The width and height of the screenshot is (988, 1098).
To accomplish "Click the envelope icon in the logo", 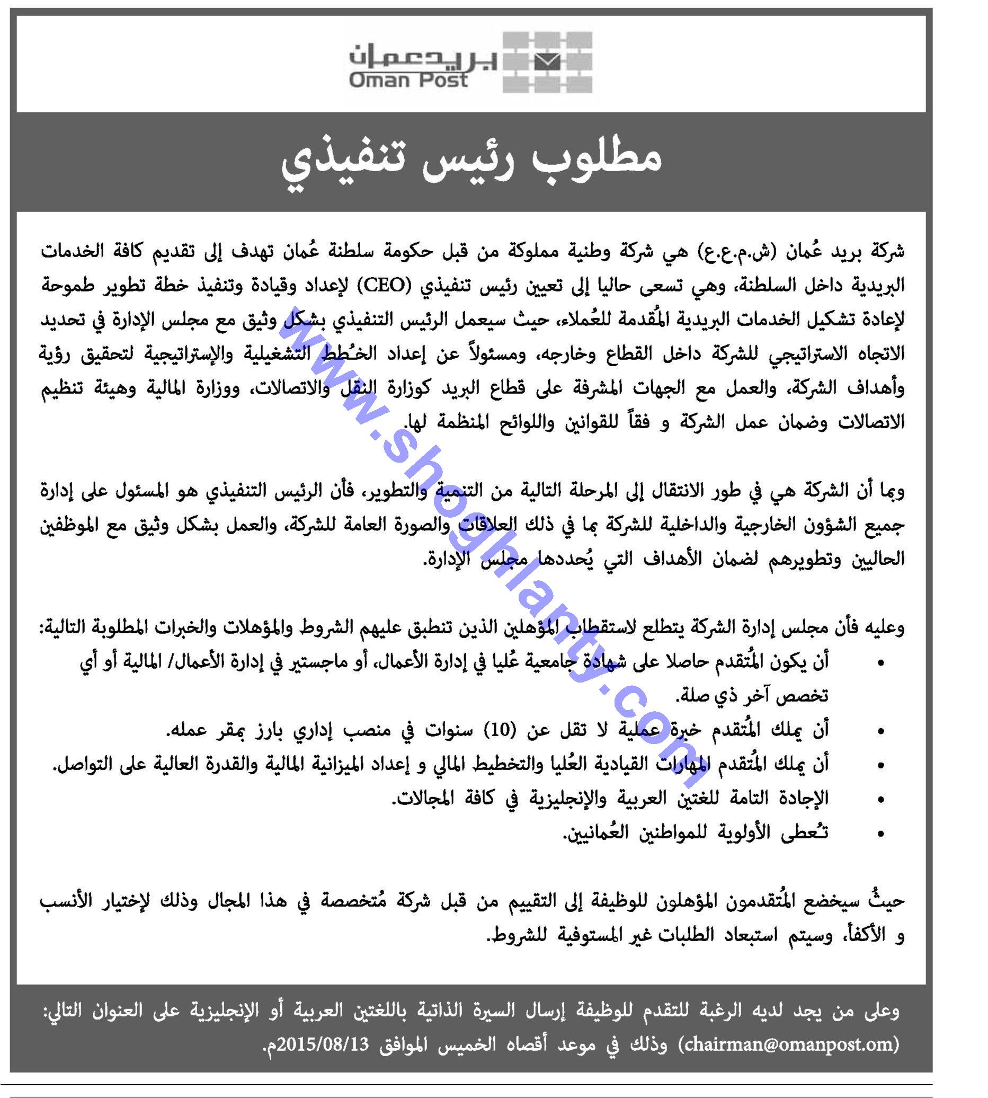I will point(547,62).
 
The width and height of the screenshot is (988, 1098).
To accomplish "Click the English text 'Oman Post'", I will point(408,81).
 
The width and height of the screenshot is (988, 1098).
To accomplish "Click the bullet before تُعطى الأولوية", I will point(880,834).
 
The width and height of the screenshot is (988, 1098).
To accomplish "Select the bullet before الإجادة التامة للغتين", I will point(880,799).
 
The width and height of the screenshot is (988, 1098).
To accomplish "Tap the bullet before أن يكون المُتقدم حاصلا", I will point(880,663).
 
